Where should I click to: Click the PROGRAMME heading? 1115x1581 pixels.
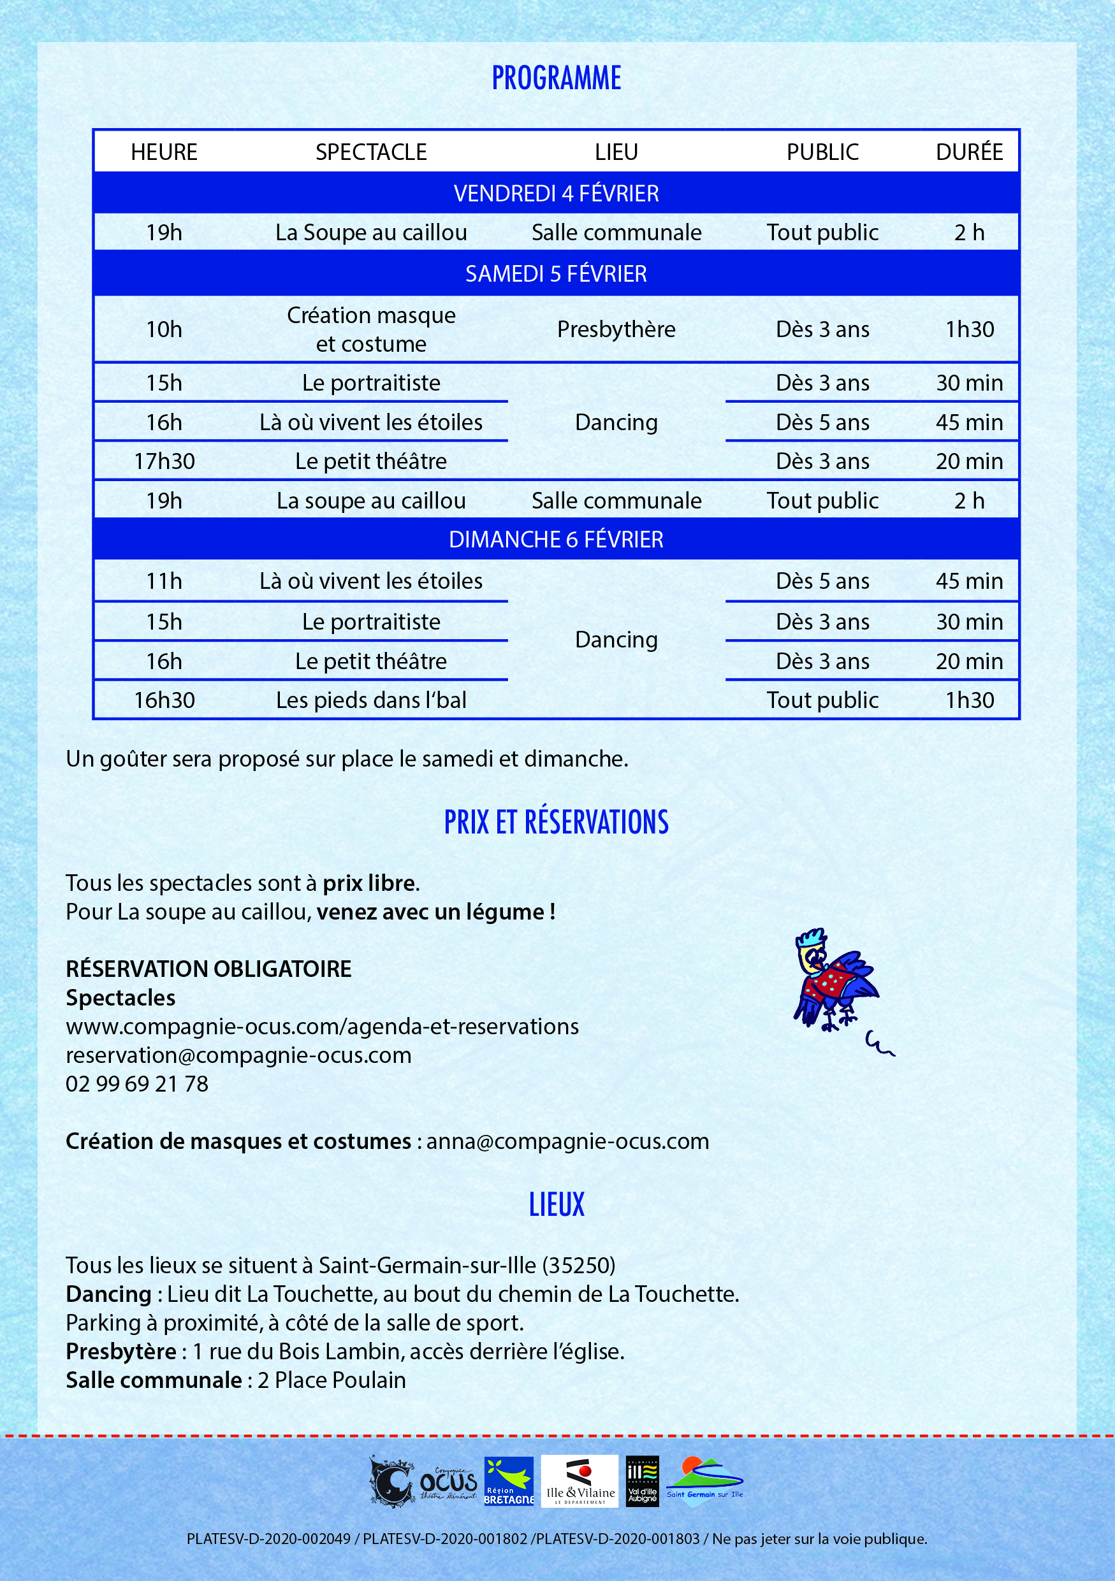557,78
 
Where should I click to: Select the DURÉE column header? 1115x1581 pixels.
969,152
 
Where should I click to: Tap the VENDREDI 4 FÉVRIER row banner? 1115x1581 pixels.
557,194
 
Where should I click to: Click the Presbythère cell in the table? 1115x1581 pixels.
616,330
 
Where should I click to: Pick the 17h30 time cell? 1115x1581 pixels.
164,461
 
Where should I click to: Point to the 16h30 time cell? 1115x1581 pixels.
164,700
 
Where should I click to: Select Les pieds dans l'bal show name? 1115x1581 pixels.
371,700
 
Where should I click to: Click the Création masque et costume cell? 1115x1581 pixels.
371,330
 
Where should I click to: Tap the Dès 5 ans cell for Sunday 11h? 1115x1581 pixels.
822,581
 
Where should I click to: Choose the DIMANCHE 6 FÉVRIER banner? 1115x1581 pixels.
557,540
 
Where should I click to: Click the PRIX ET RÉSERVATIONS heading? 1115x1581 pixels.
557,822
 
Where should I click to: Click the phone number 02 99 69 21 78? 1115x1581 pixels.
137,1084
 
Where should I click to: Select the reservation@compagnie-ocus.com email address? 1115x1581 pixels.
238,1055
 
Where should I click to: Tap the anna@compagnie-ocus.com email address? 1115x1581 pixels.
567,1141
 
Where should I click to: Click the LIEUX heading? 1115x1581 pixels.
557,1204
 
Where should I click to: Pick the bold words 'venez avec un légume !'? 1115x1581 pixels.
436,912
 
